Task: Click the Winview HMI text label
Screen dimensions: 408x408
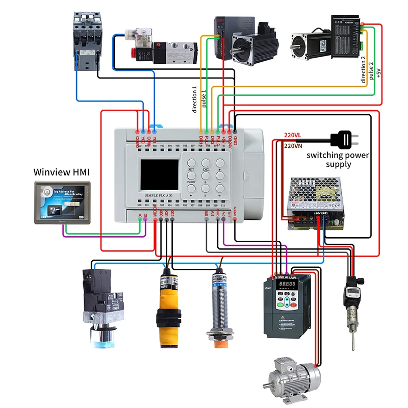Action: pos(62,172)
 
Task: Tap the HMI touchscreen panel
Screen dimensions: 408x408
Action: pos(62,202)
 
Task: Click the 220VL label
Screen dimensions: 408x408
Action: pos(293,136)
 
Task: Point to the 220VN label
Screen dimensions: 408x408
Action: pos(293,145)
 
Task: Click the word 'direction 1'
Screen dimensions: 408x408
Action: pos(194,99)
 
